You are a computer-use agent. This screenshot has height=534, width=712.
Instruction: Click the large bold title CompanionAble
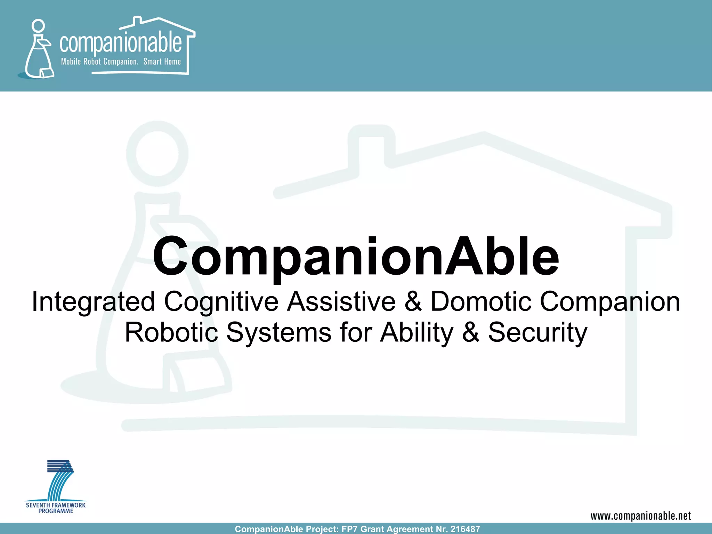pos(356,257)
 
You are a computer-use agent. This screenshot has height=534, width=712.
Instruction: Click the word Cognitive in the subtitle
pos(221,301)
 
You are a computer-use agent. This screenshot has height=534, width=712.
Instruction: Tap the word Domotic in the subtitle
pos(481,301)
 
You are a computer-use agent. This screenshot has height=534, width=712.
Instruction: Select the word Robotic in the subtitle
pos(171,332)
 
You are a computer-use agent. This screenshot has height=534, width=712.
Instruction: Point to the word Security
pos(537,332)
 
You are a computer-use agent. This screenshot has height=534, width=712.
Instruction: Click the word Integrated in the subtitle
pos(93,301)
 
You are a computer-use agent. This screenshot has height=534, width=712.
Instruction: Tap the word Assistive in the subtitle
pos(341,301)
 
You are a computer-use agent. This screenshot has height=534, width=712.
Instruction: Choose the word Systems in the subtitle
pos(279,332)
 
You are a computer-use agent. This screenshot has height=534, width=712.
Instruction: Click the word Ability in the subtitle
pos(416,332)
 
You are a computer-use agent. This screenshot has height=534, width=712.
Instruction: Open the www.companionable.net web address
pos(641,516)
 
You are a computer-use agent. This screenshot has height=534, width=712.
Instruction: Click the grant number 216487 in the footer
pos(465,529)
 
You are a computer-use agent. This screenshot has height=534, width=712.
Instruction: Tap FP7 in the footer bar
pos(350,529)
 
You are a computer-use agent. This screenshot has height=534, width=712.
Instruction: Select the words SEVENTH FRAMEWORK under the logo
pos(56,505)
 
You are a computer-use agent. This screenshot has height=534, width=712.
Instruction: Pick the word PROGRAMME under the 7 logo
pos(56,511)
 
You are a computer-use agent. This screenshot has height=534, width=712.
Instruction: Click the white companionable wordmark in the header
pos(120,43)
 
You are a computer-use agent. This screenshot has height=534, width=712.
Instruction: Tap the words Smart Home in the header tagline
pos(162,62)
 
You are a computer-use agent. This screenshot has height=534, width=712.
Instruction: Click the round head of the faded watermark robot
pos(157,153)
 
